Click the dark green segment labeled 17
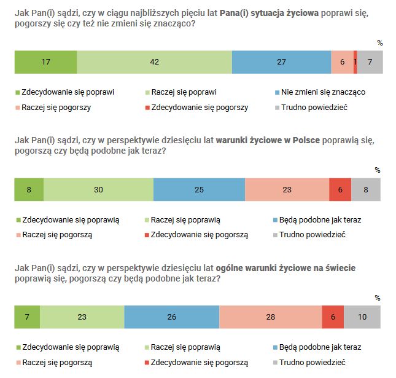click(45, 62)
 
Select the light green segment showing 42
click(154, 62)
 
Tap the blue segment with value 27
click(281, 62)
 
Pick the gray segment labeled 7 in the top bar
click(370, 62)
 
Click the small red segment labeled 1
click(355, 62)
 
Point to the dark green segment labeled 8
click(29, 190)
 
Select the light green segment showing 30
click(98, 190)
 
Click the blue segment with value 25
click(199, 190)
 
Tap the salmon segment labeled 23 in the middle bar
click(287, 190)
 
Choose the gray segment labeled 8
click(366, 190)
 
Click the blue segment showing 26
click(171, 317)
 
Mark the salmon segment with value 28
click(270, 317)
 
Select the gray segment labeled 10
click(362, 317)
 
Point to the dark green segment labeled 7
click(27, 317)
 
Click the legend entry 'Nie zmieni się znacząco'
click(323, 92)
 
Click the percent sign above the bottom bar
click(378, 297)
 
